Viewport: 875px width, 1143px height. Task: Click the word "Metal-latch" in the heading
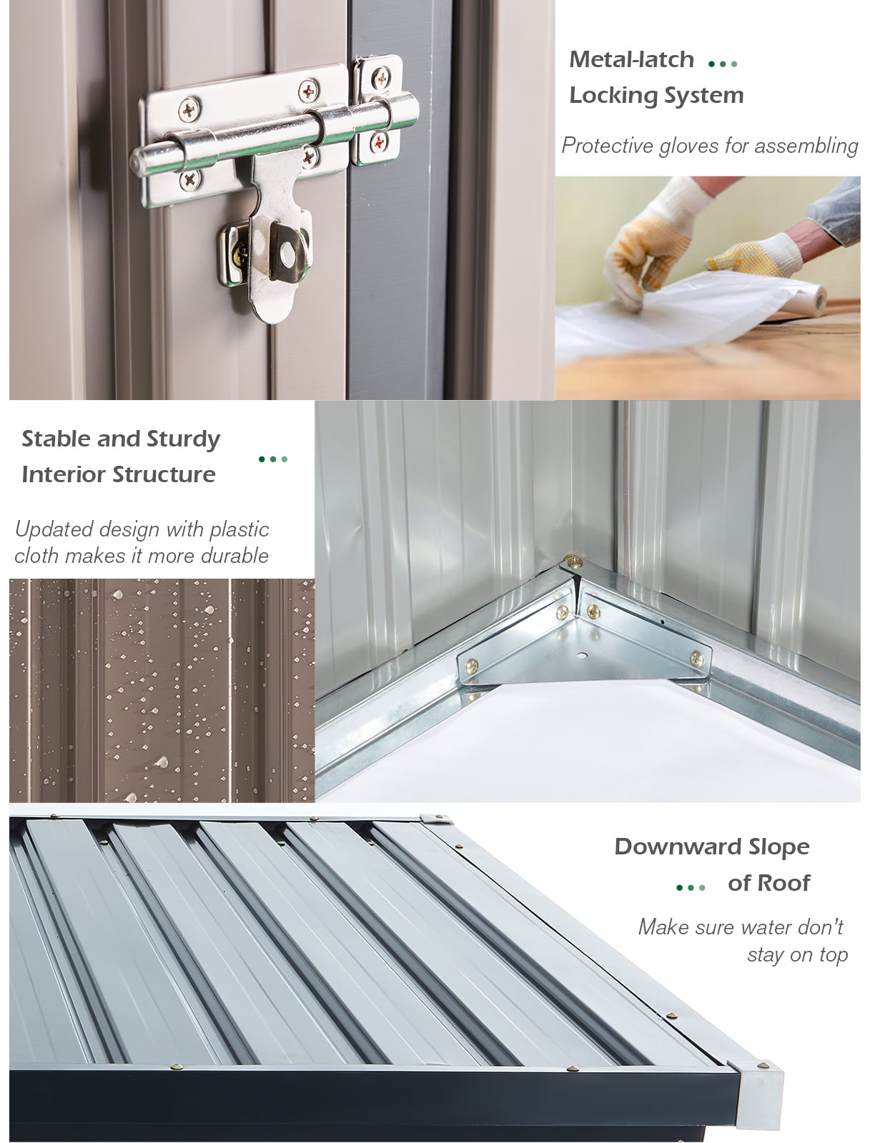[631, 59]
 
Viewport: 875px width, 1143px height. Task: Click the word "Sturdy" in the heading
[184, 439]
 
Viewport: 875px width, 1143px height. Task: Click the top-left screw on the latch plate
[189, 111]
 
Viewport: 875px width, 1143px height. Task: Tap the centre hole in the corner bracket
[581, 655]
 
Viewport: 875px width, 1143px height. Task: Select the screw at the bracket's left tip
[472, 666]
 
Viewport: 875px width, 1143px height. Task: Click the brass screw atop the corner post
[574, 562]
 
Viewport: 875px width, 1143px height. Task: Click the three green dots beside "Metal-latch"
[722, 64]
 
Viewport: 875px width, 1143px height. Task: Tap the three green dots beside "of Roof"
[691, 887]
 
